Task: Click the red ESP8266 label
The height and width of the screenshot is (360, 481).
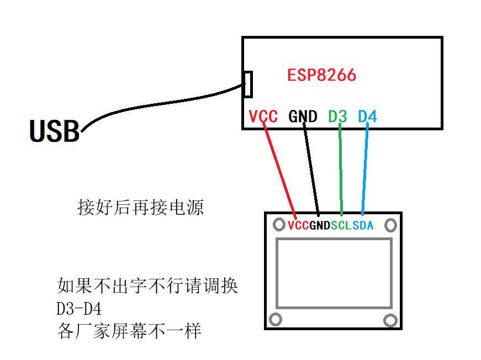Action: pos(321,75)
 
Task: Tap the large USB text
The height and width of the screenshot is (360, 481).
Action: pos(54,131)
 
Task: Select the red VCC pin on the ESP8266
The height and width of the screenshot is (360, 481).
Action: pos(263,117)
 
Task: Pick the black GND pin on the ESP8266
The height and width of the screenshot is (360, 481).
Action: pos(303,117)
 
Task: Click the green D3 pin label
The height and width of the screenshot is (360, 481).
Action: pos(337,117)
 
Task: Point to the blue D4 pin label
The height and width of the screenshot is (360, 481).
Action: pos(367,117)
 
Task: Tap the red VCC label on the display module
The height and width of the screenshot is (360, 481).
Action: pos(298,225)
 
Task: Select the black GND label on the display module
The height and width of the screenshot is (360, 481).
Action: pos(320,225)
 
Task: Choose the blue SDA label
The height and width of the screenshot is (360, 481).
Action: pos(363,225)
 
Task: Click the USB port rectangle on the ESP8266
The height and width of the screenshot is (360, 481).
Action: pos(249,83)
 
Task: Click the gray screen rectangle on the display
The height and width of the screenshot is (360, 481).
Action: pos(334,273)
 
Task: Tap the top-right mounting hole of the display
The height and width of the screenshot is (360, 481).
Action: pos(390,225)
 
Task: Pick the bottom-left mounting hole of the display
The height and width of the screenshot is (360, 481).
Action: pos(275,319)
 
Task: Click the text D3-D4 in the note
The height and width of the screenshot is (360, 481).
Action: pos(79,308)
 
